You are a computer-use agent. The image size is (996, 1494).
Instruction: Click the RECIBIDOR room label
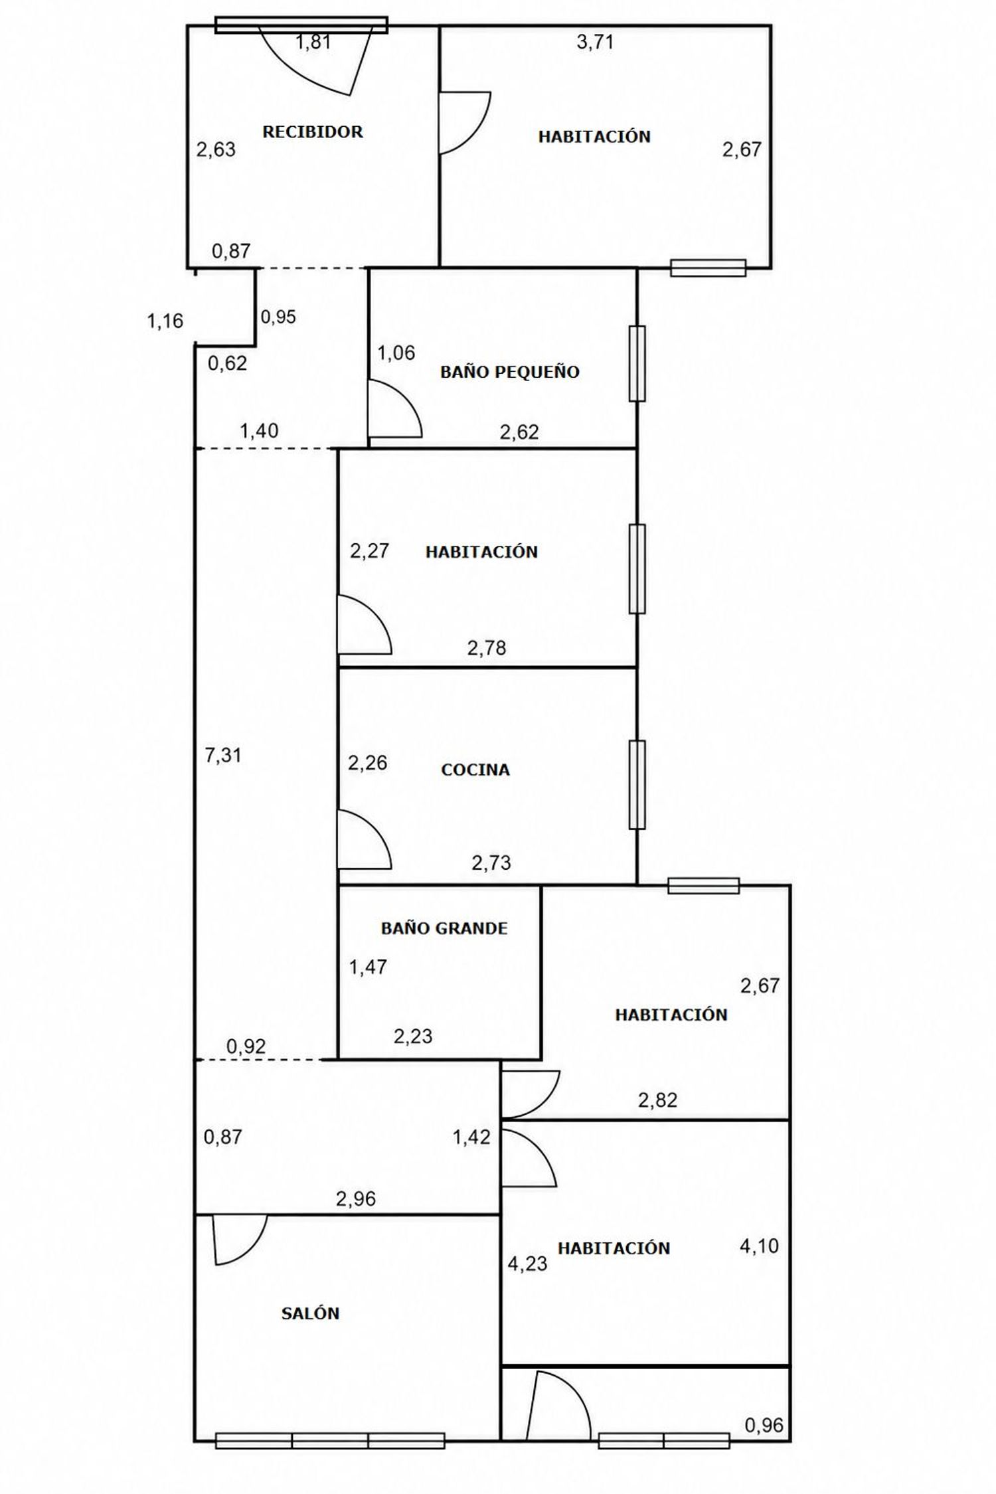313,131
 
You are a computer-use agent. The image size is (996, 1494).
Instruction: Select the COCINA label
475,770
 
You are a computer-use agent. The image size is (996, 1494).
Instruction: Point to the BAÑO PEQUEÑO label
510,371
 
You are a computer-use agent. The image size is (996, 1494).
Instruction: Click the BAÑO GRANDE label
444,928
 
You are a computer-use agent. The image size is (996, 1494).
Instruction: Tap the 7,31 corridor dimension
223,755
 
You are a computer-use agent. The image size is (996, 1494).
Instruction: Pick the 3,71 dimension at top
595,42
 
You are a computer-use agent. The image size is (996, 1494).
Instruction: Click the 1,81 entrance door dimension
313,42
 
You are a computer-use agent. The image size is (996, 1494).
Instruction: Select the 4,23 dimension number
528,1264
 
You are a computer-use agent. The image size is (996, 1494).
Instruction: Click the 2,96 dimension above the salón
356,1199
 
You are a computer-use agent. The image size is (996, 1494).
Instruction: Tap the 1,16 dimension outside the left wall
165,321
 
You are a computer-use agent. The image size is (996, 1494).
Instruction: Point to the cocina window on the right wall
637,784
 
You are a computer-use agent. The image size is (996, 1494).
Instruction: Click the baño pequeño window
637,363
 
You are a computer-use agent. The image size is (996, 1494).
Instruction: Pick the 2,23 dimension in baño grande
413,1036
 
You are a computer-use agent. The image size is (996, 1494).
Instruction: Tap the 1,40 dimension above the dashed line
259,431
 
